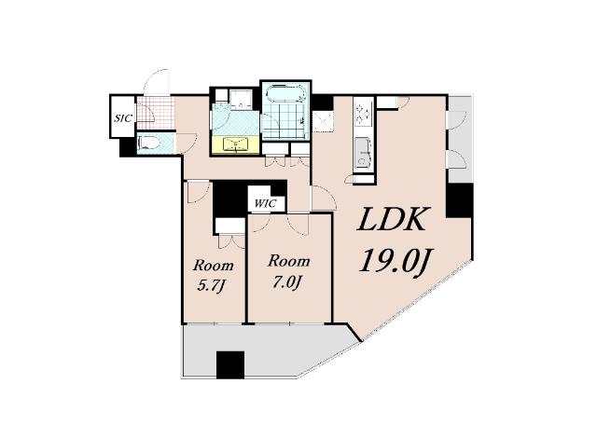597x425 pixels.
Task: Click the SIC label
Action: pyautogui.click(x=123, y=118)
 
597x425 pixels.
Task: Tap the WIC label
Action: pyautogui.click(x=265, y=203)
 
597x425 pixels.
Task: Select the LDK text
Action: pyautogui.click(x=392, y=220)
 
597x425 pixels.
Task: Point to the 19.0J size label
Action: pyautogui.click(x=395, y=260)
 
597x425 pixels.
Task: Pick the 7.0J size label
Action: pyautogui.click(x=287, y=282)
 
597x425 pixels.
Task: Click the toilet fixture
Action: pyautogui.click(x=150, y=144)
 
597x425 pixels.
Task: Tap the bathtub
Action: pyautogui.click(x=285, y=93)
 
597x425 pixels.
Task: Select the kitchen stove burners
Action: pyautogui.click(x=362, y=112)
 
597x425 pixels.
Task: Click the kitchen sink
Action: pyautogui.click(x=363, y=152)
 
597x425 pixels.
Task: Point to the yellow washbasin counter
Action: pyautogui.click(x=236, y=144)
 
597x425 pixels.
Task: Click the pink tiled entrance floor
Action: pyautogui.click(x=156, y=114)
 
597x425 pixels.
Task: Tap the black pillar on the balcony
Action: pyautogui.click(x=230, y=364)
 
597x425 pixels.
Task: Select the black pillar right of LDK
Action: pyautogui.click(x=459, y=200)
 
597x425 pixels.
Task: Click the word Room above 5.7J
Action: pyautogui.click(x=213, y=266)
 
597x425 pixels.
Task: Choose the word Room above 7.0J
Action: pyautogui.click(x=289, y=261)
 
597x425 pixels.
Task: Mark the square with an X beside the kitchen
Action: pyautogui.click(x=323, y=121)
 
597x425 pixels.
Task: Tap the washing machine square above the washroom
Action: pyautogui.click(x=241, y=100)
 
